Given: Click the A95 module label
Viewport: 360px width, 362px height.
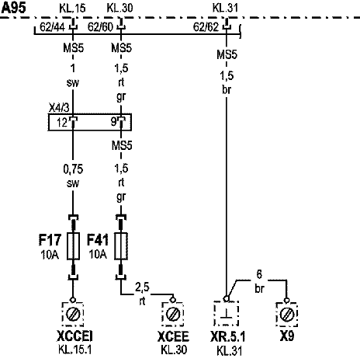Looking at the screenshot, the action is tap(14, 8).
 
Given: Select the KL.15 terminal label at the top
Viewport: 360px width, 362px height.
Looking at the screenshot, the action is tap(72, 9).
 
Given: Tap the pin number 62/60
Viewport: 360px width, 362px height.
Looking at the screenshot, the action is tap(100, 27).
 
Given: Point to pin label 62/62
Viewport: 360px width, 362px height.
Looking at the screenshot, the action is tap(206, 27).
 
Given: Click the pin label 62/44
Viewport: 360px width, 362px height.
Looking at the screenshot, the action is tap(52, 27).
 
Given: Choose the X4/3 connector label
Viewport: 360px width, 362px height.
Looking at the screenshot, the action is tap(59, 108).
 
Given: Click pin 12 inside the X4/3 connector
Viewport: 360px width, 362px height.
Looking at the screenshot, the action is tap(62, 122).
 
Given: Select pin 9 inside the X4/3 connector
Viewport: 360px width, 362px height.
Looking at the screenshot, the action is tap(113, 122).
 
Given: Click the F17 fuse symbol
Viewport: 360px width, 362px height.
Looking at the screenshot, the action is tap(73, 246).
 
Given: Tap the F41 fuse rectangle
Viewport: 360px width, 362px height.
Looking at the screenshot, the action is tap(121, 246).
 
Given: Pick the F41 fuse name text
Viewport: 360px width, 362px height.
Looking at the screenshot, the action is tap(98, 240).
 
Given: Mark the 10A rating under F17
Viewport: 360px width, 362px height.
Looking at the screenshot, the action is tap(50, 255).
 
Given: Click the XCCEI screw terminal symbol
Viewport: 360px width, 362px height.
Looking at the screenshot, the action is tap(73, 315).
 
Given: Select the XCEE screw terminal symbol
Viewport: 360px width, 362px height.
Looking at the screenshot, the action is tap(172, 315).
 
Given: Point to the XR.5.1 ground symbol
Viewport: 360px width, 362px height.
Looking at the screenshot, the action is tap(227, 313).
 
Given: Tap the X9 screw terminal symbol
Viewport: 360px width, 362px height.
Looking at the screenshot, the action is tap(287, 315).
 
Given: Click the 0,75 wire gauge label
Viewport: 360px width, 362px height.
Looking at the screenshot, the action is tap(73, 169).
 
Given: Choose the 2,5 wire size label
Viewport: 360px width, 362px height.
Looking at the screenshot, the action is tap(142, 287).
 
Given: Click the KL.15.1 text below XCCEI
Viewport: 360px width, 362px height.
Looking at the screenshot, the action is tap(74, 350).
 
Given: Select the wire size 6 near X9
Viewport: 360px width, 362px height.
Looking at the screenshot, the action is tap(259, 274).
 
